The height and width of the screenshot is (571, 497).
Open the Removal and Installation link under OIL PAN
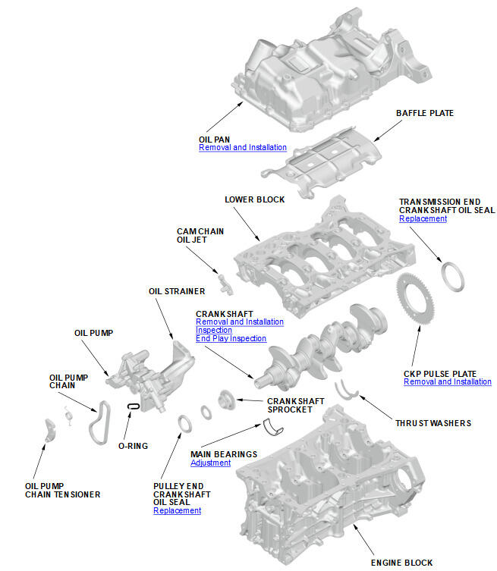pyautogui.click(x=243, y=148)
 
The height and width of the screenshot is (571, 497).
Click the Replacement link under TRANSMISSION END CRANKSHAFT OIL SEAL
pyautogui.click(x=423, y=218)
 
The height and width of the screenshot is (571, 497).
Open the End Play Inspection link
pyautogui.click(x=231, y=339)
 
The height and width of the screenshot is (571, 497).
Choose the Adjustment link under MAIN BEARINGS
pyautogui.click(x=210, y=463)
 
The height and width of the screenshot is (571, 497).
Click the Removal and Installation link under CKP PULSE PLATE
pyautogui.click(x=447, y=382)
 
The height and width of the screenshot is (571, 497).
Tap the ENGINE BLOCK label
pyautogui.click(x=401, y=563)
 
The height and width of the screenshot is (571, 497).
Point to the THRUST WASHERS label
pyautogui.click(x=433, y=423)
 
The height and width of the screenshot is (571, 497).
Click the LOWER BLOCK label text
pyautogui.click(x=254, y=199)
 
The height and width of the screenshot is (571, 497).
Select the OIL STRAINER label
pyautogui.click(x=176, y=290)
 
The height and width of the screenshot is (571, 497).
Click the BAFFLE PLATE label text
pyautogui.click(x=425, y=113)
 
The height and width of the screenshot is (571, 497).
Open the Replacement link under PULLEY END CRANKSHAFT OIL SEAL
pyautogui.click(x=177, y=511)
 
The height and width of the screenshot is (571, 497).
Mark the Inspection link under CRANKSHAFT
pyautogui.click(x=213, y=331)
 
